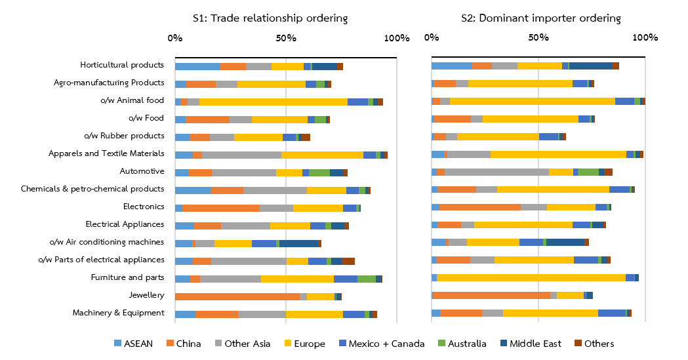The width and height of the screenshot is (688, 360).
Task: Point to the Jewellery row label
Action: point(146,295)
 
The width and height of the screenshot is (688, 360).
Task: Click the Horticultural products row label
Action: point(121,65)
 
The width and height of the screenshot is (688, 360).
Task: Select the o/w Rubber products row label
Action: point(124,136)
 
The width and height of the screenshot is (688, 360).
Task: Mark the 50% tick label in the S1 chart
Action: point(285,38)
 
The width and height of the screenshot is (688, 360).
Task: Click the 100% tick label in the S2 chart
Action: point(645,38)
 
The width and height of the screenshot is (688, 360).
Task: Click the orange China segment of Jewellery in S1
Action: point(237,296)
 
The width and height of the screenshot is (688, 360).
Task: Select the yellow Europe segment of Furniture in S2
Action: point(531,278)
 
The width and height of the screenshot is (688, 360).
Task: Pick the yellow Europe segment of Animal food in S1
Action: point(273,102)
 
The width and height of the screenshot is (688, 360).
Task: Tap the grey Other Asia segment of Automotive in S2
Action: point(496,172)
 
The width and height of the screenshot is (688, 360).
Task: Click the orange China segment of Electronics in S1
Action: point(221,208)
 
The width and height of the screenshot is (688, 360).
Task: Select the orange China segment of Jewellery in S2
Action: point(491,295)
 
